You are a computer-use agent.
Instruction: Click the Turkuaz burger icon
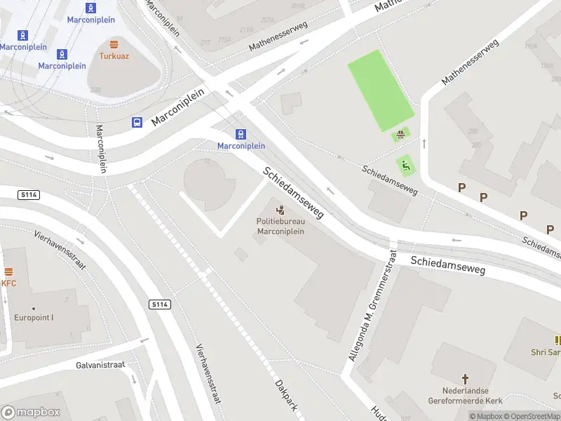pyautogui.click(x=113, y=43)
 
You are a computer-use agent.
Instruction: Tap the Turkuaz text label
pyautogui.click(x=113, y=55)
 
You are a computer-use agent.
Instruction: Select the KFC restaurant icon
pyautogui.click(x=8, y=272)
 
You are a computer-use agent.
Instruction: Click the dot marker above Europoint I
pyautogui.click(x=33, y=308)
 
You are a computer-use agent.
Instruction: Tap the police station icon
pyautogui.click(x=280, y=210)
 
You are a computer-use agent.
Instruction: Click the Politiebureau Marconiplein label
pyautogui.click(x=280, y=227)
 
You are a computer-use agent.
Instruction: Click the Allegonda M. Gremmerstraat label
pyautogui.click(x=370, y=307)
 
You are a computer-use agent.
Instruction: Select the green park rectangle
pyautogui.click(x=381, y=90)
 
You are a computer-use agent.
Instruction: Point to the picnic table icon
pyautogui.click(x=400, y=135)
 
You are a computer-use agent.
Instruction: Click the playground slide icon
pyautogui.click(x=405, y=166)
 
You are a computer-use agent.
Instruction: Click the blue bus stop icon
pyautogui.click(x=137, y=122)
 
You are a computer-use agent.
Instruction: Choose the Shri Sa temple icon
pyautogui.click(x=558, y=340)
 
